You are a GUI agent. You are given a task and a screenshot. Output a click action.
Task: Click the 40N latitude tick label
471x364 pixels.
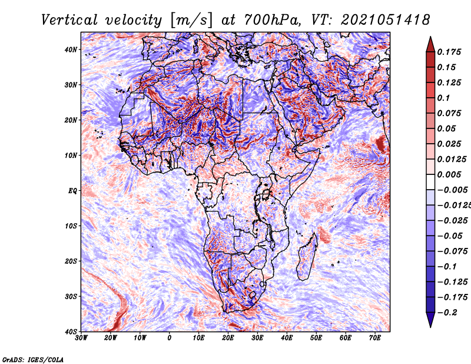[70, 49]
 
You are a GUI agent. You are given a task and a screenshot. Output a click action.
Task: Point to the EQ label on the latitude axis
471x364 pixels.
[72, 191]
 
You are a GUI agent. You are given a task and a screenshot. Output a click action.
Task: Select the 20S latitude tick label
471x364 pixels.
[70, 261]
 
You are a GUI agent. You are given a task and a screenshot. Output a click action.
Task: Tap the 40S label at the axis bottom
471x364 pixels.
[70, 332]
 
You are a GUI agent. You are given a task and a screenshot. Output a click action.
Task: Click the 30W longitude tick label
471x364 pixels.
[81, 338]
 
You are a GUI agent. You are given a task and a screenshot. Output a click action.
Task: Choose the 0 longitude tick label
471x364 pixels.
[170, 338]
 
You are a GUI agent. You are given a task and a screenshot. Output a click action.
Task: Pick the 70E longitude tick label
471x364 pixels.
[375, 338]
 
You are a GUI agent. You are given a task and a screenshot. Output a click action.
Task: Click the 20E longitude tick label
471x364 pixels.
[228, 338]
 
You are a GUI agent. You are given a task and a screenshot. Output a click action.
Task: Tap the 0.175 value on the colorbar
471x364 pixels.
[449, 52]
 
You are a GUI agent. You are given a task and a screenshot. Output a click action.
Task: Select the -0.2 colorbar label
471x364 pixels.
[447, 313]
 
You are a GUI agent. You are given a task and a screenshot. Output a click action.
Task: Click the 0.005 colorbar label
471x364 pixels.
[449, 174]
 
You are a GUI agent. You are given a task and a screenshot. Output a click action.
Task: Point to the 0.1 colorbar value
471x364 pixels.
[444, 98]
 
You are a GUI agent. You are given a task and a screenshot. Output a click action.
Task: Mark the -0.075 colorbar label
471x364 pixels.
[452, 252]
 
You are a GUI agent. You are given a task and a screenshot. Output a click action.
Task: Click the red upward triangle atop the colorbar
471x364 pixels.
[430, 44]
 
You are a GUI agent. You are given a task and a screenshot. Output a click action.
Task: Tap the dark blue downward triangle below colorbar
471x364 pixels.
[430, 320]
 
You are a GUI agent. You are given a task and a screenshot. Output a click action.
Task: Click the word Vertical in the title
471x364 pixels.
[69, 20]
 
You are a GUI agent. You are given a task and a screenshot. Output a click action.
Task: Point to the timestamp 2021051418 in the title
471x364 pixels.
[386, 20]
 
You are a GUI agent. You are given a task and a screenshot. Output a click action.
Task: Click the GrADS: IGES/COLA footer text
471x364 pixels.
[33, 359]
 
